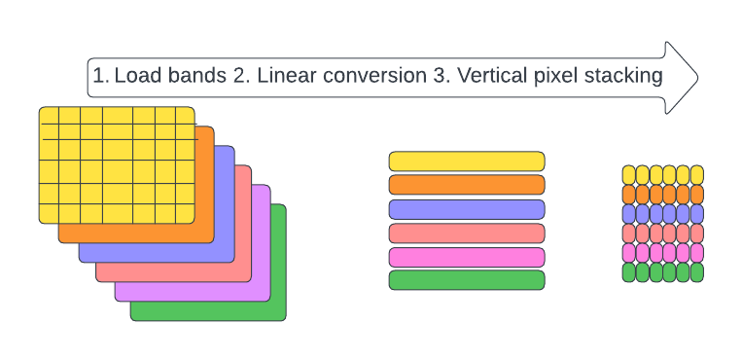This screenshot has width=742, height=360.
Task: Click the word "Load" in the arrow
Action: pos(136,75)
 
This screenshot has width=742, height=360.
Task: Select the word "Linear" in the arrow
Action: pos(288,75)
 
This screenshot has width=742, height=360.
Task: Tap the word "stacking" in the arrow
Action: pos(620,75)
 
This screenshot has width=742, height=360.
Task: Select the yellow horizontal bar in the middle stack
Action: pos(467,162)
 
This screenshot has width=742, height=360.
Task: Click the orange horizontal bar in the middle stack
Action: pos(467,185)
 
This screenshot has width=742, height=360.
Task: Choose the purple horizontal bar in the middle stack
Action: pos(467,209)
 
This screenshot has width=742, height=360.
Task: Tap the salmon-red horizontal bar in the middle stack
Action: pos(467,234)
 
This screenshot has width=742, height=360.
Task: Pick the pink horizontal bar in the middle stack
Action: pos(467,257)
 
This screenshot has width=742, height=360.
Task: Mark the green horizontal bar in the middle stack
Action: pos(467,280)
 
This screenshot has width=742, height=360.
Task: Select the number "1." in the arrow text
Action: pos(100,75)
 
